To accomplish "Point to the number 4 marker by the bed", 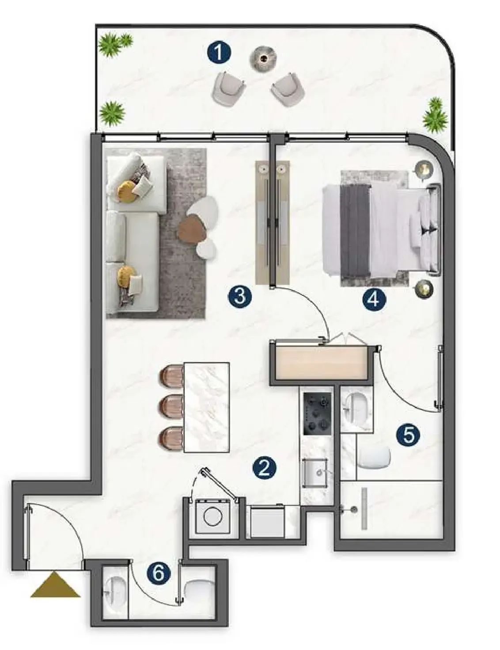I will tap(374, 299).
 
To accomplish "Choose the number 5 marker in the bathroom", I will tap(408, 435).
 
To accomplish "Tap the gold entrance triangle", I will tap(55, 585).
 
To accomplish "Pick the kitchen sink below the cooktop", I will tap(316, 473).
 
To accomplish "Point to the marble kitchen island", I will tap(207, 407).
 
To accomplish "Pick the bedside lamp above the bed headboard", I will tap(423, 169).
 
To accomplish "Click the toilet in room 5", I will tap(374, 458).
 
